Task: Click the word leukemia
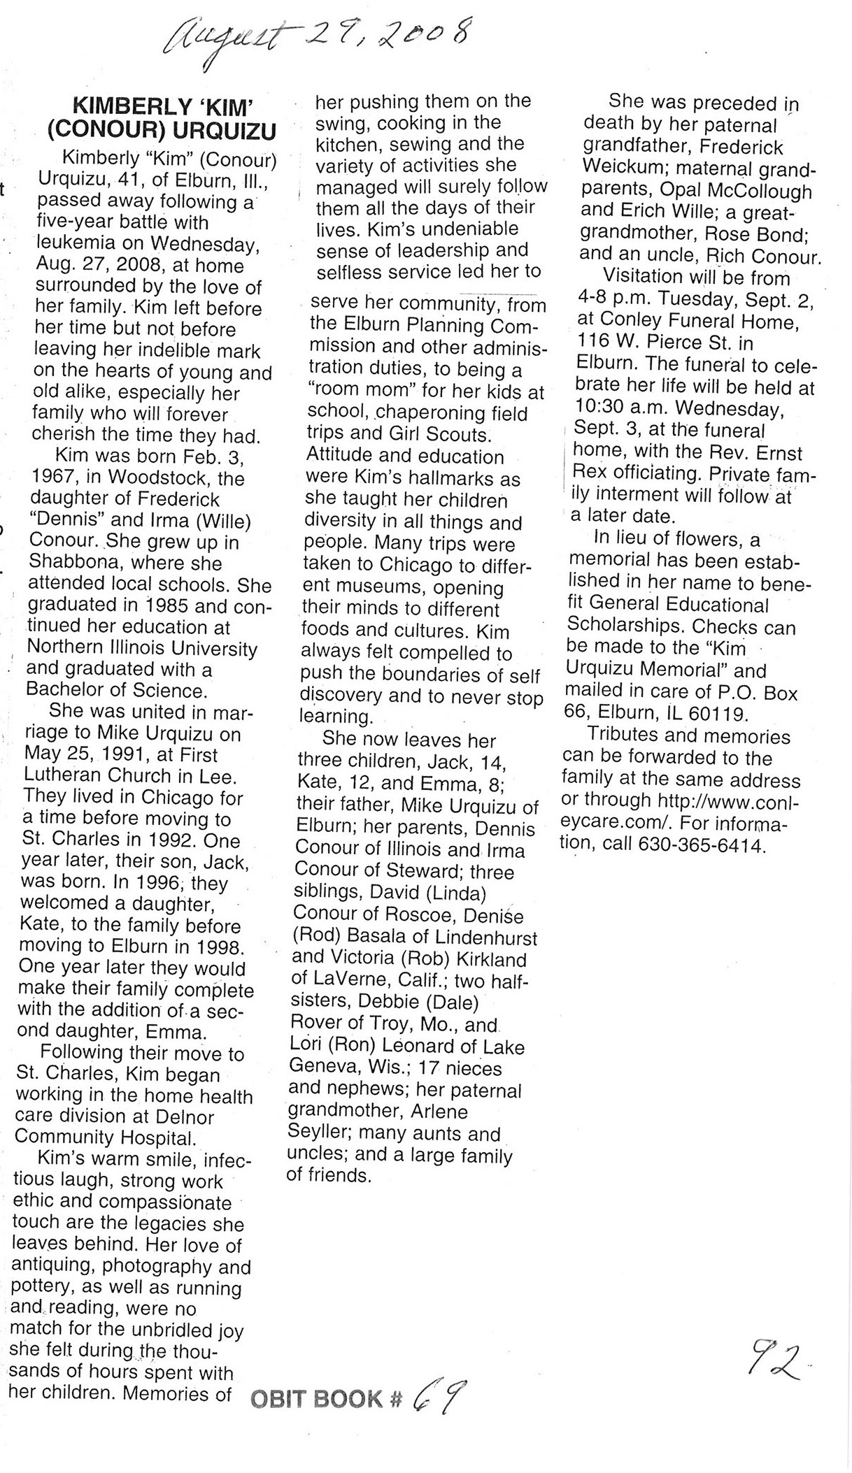point(76,245)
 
